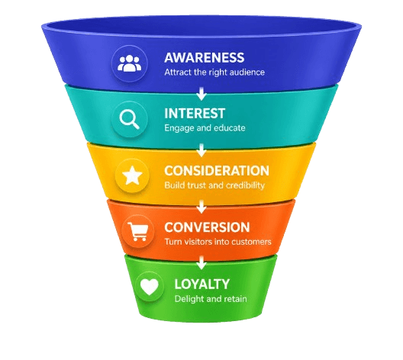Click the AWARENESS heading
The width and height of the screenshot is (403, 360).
[x=205, y=57]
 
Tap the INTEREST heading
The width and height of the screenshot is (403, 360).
[x=195, y=114]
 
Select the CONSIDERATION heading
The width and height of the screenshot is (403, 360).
[x=217, y=171]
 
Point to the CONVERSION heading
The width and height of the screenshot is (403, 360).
[x=207, y=227]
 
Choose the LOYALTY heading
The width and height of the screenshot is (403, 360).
[x=201, y=284]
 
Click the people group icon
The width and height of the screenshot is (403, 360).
[x=129, y=63]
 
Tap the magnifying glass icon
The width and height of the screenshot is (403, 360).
[x=129, y=119]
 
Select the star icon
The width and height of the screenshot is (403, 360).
[x=132, y=175]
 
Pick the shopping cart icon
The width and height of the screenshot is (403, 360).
[x=138, y=231]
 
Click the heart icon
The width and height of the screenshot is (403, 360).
[x=150, y=287]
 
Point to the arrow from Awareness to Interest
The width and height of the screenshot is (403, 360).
[x=201, y=94]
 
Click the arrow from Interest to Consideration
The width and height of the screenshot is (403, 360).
[x=201, y=150]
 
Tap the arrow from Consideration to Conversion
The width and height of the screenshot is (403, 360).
[x=201, y=207]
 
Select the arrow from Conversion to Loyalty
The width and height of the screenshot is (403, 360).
[x=201, y=263]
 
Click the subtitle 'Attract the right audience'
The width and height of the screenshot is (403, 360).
[x=214, y=72]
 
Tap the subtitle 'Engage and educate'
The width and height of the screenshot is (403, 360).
[x=205, y=128]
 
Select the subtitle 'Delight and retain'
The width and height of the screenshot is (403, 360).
[x=211, y=299]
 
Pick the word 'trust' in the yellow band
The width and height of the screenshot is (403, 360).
[x=197, y=185]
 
